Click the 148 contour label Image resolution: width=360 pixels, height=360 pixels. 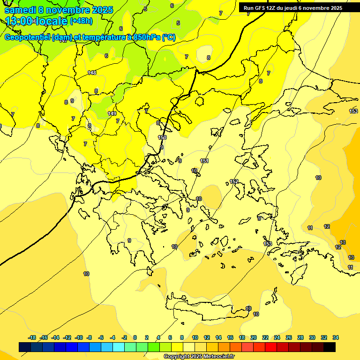tap(92, 72)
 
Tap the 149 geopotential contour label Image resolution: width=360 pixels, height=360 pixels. tap(112, 113)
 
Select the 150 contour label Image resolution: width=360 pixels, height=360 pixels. tap(162, 137)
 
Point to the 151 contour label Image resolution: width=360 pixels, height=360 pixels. tap(204, 161)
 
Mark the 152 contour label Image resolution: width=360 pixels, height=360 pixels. tap(234, 181)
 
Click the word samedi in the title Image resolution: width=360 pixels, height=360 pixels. tap(21, 10)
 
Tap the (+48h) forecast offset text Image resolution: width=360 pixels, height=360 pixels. tap(81, 21)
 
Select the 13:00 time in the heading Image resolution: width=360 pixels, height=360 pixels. tap(19, 21)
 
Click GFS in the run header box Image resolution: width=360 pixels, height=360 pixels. tap(260, 8)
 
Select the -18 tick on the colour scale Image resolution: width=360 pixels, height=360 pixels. tap(32, 337)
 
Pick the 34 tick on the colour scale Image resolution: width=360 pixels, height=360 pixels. tap(336, 337)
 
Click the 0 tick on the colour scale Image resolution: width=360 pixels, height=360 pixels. tap(135, 337)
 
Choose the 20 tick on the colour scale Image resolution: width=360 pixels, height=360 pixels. tap(254, 337)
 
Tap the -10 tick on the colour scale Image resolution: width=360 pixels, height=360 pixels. tap(79, 337)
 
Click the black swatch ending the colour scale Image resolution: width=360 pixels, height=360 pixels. tap(330, 347)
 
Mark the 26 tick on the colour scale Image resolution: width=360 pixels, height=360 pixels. tap(289, 337)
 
